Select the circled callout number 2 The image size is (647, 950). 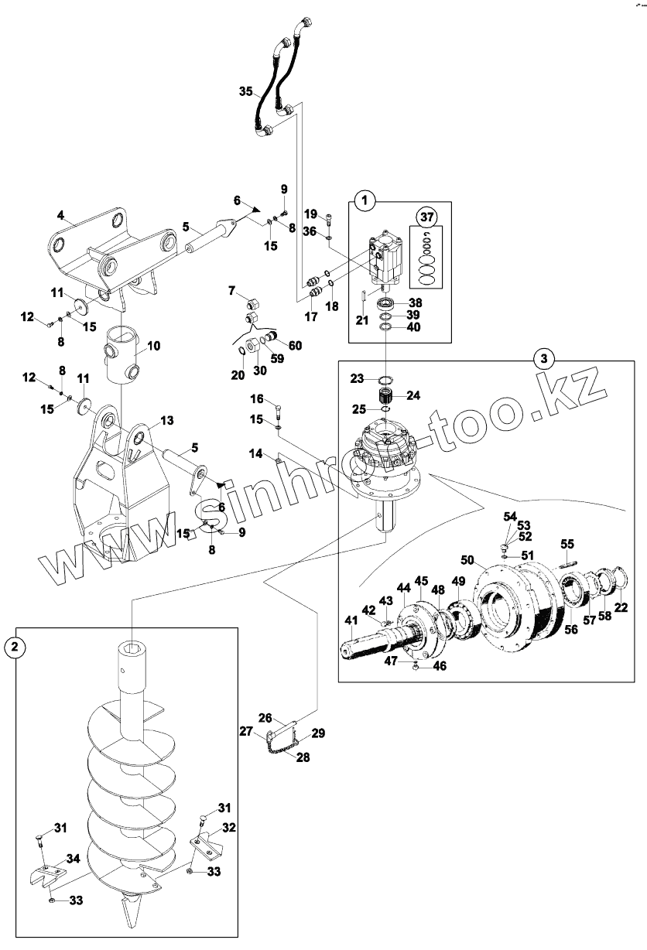(15, 647)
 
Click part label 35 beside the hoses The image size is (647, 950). (245, 91)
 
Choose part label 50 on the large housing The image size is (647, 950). (467, 559)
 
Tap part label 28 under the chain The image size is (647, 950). (303, 757)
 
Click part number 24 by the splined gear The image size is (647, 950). (413, 395)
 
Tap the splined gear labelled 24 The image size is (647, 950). (386, 396)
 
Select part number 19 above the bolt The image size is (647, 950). (310, 214)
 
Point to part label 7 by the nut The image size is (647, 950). (231, 290)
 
